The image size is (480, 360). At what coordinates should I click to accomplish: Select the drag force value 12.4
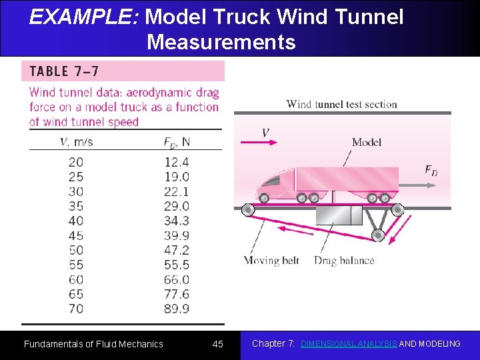(177, 162)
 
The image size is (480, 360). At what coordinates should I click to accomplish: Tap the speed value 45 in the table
(76, 235)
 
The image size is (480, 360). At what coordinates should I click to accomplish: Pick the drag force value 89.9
(177, 309)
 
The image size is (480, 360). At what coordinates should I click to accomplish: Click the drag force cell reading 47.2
(177, 250)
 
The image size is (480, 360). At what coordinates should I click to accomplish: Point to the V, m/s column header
(76, 141)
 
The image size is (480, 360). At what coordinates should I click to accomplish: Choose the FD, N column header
(177, 141)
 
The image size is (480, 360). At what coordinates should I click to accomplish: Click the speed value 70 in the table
(76, 309)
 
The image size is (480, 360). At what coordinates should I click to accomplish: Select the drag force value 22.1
(177, 191)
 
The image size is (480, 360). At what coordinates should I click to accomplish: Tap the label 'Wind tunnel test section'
(341, 104)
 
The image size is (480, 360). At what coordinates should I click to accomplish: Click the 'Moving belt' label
(271, 261)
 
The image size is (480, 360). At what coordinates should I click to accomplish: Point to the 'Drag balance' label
(344, 261)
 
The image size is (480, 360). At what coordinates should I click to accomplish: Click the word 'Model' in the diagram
(367, 142)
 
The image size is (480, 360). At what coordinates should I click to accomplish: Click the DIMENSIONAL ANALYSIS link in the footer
(349, 344)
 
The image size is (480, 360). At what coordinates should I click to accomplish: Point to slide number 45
(218, 344)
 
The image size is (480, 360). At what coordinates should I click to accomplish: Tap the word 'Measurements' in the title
(221, 42)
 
